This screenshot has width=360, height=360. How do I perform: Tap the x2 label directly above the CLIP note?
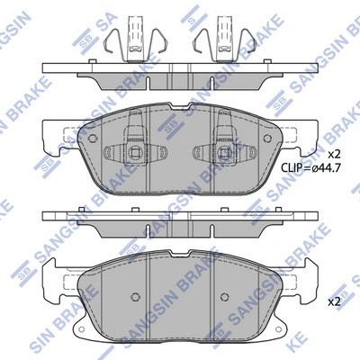pos(332,154)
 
